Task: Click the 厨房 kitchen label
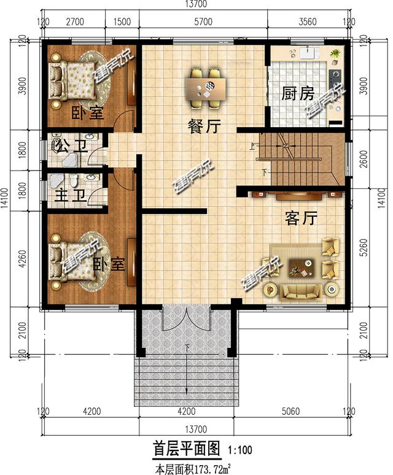298,94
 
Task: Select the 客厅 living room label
301,218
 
